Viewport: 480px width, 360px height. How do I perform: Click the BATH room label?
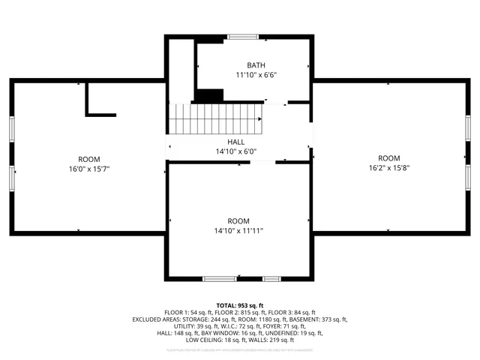(x=251, y=65)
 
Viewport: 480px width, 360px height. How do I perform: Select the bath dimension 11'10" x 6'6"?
(x=251, y=75)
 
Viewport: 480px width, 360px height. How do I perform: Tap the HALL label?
(x=236, y=142)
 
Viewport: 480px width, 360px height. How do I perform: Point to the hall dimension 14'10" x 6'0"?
(x=236, y=151)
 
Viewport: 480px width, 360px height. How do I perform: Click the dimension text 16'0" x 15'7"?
(x=89, y=169)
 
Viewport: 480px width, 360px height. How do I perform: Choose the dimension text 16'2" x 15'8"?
(x=388, y=168)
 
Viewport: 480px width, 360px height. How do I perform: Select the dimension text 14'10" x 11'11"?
(x=238, y=231)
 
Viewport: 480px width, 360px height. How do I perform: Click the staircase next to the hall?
(x=214, y=118)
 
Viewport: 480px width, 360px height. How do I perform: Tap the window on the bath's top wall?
(x=243, y=36)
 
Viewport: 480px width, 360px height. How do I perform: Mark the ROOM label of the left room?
(x=89, y=159)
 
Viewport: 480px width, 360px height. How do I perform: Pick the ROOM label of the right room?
(x=388, y=158)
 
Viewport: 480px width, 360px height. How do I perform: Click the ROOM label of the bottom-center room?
(x=238, y=221)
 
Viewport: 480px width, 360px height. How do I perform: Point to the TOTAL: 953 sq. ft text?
(x=240, y=305)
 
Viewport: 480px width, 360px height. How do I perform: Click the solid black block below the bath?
(x=209, y=96)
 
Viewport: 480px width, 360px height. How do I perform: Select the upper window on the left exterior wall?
(x=11, y=127)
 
